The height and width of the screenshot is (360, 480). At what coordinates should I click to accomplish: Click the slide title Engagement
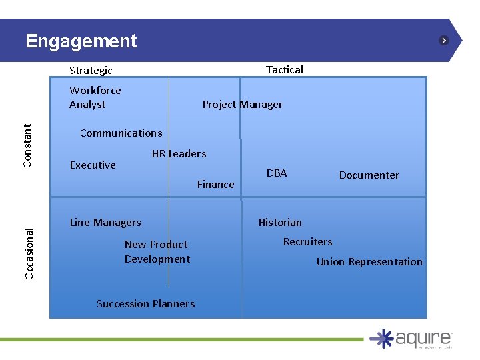[81, 41]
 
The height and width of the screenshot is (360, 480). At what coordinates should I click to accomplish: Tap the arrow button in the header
[444, 41]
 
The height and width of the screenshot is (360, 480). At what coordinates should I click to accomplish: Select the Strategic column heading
[91, 70]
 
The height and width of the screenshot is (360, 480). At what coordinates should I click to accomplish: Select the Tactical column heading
[285, 69]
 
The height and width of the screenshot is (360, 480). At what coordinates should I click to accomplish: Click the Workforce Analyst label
[95, 97]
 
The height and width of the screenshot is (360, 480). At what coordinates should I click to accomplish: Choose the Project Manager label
[242, 105]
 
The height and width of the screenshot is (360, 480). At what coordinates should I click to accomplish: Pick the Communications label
[121, 133]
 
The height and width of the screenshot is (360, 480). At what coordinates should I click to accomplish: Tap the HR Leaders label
[179, 154]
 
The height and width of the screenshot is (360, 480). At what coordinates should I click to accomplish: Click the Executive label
[93, 165]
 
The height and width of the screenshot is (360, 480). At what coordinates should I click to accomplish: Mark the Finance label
[215, 185]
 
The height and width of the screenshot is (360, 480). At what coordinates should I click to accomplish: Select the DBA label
[277, 173]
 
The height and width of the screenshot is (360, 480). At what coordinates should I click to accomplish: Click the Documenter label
[369, 175]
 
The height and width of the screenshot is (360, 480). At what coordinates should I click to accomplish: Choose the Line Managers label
[105, 223]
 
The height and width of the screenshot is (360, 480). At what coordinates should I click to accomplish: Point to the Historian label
[280, 223]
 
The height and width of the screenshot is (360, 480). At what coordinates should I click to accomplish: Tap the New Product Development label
[157, 252]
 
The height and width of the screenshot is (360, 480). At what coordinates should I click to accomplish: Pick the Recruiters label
[307, 242]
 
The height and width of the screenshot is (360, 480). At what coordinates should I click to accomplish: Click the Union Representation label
[369, 262]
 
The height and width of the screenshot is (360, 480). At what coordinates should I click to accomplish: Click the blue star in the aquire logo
[382, 338]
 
